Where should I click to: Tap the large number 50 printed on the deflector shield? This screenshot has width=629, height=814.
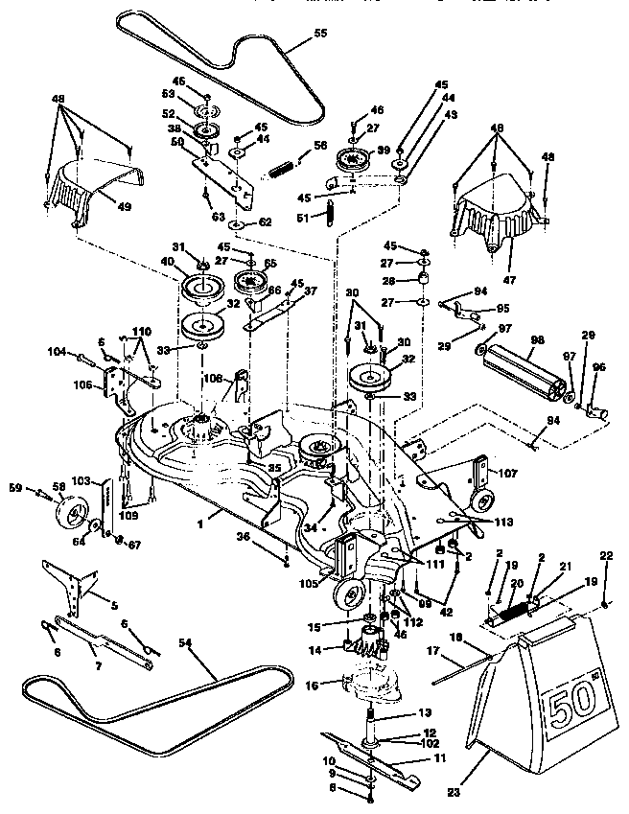coord(567,709)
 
